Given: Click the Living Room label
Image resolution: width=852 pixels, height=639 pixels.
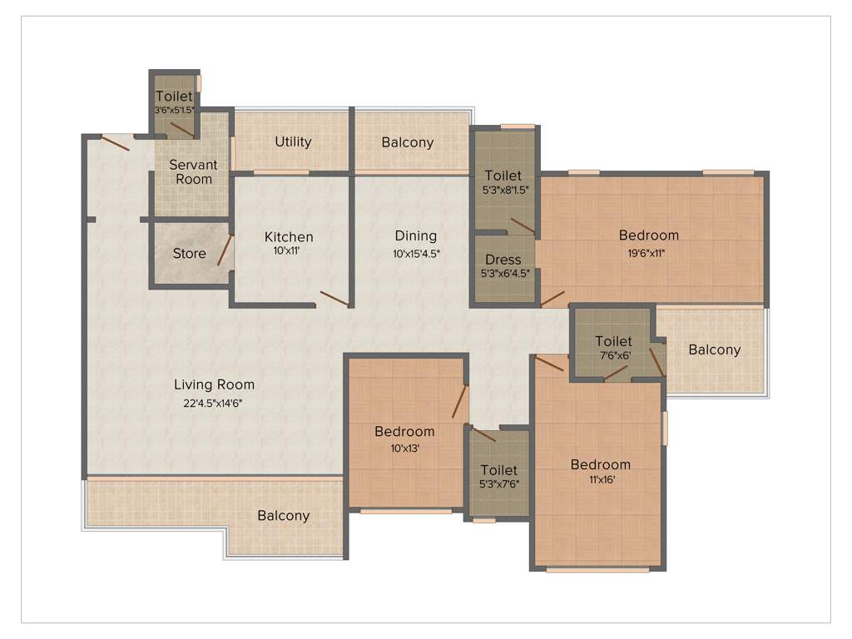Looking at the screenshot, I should click(x=214, y=384).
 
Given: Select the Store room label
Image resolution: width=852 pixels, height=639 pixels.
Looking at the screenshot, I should click(x=189, y=254).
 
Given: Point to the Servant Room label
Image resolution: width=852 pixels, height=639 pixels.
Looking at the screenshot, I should click(x=193, y=171).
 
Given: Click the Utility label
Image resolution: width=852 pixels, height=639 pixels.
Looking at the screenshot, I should click(x=293, y=141).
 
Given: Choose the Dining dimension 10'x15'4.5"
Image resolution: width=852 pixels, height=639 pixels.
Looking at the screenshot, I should click(x=415, y=254).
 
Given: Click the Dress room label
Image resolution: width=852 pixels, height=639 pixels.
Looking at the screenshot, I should click(x=503, y=260).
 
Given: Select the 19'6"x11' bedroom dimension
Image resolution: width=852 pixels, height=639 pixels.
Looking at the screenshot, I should click(x=648, y=253).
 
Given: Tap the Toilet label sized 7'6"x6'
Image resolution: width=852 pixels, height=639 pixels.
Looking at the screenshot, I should click(x=613, y=341).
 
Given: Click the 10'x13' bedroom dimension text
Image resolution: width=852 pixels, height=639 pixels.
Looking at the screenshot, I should click(x=404, y=448).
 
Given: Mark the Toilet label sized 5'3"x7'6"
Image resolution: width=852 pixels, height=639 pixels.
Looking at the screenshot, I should click(x=498, y=470).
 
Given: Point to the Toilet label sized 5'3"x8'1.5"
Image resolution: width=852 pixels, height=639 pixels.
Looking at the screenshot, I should click(x=503, y=176).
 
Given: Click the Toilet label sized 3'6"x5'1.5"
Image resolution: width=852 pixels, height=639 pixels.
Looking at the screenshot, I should click(x=174, y=97).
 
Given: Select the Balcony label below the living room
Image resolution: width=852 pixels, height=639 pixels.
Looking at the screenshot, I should click(x=283, y=516).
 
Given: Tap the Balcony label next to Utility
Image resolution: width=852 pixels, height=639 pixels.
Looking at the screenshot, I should click(x=408, y=142).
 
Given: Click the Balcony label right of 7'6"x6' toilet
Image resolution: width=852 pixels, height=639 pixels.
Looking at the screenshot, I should click(x=714, y=349).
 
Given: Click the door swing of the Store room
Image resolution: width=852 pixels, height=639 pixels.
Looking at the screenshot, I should click(x=225, y=250).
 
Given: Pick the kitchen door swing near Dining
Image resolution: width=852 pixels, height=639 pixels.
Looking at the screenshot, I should click(x=334, y=299).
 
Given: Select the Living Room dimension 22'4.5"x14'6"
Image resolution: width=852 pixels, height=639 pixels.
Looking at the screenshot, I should click(x=214, y=403).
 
